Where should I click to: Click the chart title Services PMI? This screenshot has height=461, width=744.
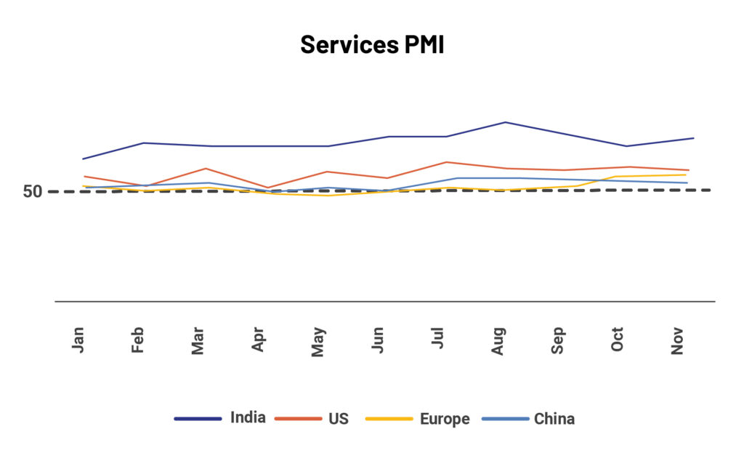click(x=371, y=45)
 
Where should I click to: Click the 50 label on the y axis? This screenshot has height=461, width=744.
click(x=33, y=192)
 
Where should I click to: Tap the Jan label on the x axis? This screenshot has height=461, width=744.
click(x=78, y=340)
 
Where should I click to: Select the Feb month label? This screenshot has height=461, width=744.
click(x=138, y=340)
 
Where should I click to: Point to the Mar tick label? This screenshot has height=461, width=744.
click(x=198, y=340)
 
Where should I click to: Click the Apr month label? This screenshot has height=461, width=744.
click(x=258, y=340)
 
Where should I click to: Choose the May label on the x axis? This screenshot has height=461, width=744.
click(x=318, y=341)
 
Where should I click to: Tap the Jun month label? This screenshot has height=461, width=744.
click(x=378, y=340)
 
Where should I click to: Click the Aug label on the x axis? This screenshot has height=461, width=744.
click(x=498, y=340)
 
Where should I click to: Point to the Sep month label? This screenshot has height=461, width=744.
click(x=558, y=340)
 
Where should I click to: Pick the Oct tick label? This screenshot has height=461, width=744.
click(x=618, y=340)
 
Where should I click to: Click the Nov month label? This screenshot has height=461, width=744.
click(x=678, y=340)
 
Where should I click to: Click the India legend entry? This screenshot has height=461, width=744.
click(x=248, y=418)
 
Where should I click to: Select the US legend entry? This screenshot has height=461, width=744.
click(x=339, y=419)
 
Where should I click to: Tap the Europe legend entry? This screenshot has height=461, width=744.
click(x=444, y=419)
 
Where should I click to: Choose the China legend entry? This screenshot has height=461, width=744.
click(x=554, y=419)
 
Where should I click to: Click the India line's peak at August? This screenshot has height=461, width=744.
click(x=505, y=122)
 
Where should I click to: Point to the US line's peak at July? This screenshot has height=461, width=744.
click(x=446, y=162)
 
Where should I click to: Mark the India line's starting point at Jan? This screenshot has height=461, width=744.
click(x=84, y=159)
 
